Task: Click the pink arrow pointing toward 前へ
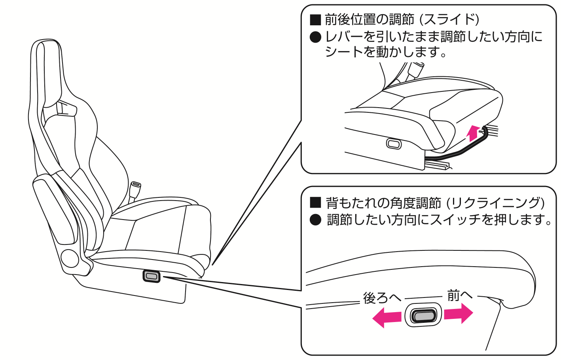[458, 314]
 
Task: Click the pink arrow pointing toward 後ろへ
[387, 318]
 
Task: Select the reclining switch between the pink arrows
[423, 315]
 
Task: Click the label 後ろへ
[382, 298]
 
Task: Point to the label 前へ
[460, 295]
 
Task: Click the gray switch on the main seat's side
[152, 276]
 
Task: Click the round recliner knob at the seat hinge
[70, 258]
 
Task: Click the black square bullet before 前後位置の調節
[315, 19]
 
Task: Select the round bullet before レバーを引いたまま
[315, 37]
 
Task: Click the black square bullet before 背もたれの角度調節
[315, 203]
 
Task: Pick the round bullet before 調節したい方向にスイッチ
[315, 220]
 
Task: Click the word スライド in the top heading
[449, 19]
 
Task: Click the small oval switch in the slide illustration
[394, 144]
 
